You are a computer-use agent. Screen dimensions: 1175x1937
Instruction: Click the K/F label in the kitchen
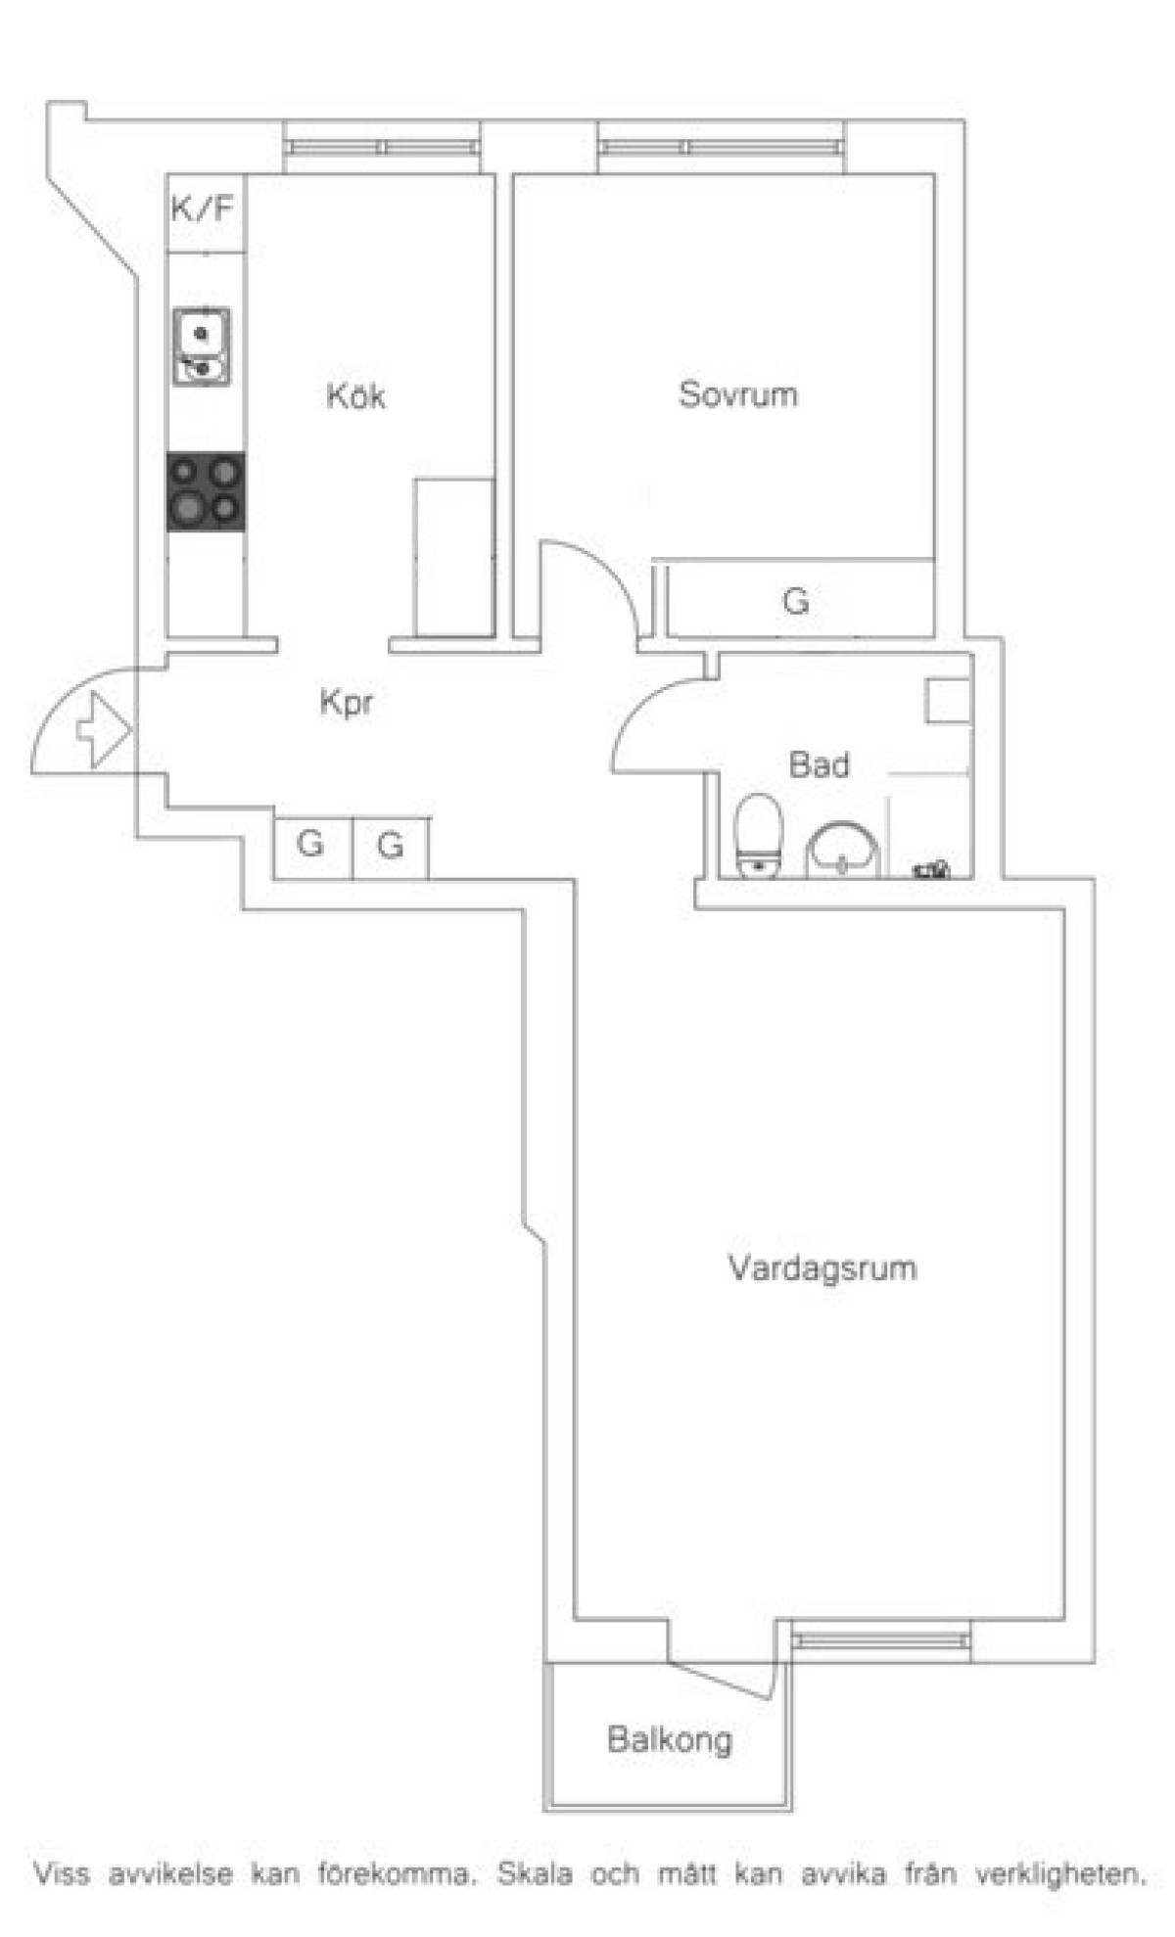[x=203, y=208]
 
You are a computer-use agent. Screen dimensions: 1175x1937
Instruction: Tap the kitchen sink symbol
[x=203, y=346]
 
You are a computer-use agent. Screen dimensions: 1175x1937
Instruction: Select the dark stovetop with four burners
[x=205, y=491]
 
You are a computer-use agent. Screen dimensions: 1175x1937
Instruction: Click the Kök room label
[x=355, y=396]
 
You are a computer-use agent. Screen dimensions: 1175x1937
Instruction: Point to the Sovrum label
[x=737, y=394]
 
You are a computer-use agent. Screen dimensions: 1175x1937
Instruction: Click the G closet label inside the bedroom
[x=796, y=600]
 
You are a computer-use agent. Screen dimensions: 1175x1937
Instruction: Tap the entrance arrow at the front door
[x=103, y=728]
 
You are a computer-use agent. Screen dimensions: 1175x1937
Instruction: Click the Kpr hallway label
[x=347, y=702]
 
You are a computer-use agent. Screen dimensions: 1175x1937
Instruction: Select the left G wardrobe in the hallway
[x=311, y=846]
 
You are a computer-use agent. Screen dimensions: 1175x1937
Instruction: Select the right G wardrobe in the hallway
[x=390, y=846]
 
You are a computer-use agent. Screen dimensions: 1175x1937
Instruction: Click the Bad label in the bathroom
[x=819, y=764]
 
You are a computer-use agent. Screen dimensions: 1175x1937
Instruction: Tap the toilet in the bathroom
[x=757, y=836]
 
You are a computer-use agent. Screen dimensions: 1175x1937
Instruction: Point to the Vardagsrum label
[x=822, y=1268]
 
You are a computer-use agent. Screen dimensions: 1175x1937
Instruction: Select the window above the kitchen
[x=382, y=148]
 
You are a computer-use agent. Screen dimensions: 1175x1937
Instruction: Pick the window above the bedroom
[x=722, y=148]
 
